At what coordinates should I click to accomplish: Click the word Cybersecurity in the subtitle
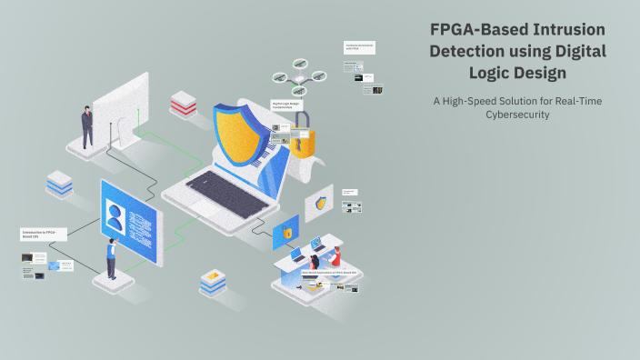tap(519, 115)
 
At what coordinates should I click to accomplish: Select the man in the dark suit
tap(87, 126)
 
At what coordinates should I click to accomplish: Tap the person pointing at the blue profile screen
tap(111, 257)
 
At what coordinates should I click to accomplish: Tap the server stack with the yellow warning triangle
tap(213, 283)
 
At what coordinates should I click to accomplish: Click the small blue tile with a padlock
tap(286, 231)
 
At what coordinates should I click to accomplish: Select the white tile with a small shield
tap(319, 203)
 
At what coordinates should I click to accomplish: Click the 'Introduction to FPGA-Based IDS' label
tap(43, 234)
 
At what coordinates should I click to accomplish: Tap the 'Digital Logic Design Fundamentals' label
tap(286, 105)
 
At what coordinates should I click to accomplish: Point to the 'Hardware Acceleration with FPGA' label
tap(360, 45)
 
